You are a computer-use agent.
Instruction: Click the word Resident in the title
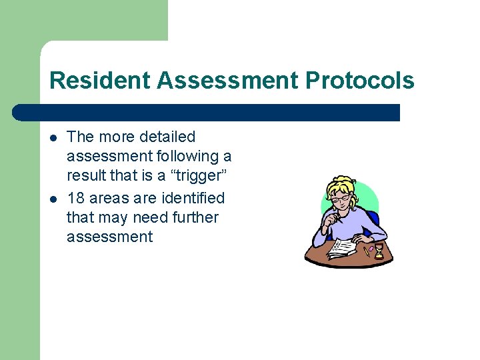tap(101, 81)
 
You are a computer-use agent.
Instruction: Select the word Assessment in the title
tap(229, 81)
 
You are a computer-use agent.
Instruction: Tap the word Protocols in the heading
tap(360, 81)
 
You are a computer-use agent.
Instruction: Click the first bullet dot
tap(53, 137)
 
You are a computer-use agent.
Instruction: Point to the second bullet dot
tap(53, 199)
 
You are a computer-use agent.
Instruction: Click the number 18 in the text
tap(75, 198)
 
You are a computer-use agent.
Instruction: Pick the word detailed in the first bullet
tap(168, 137)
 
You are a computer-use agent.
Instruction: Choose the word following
tap(188, 157)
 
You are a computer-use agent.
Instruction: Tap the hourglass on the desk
tap(379, 251)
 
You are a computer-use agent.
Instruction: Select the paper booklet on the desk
tap(343, 248)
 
